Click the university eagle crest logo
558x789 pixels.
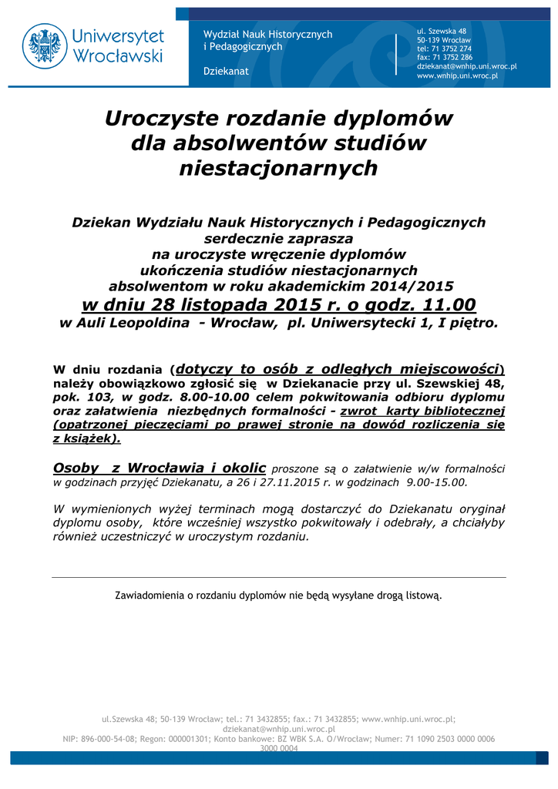(x=45, y=45)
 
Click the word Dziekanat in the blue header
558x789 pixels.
(x=226, y=72)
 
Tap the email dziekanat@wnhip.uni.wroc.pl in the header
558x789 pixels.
(x=466, y=67)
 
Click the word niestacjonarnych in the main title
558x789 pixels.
(x=278, y=167)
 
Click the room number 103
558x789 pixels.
(x=103, y=396)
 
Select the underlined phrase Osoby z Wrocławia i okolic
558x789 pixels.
(x=160, y=468)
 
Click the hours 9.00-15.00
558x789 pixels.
(x=436, y=482)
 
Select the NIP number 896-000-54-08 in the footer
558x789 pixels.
(x=110, y=738)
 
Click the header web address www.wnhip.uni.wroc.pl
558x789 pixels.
(x=457, y=76)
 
